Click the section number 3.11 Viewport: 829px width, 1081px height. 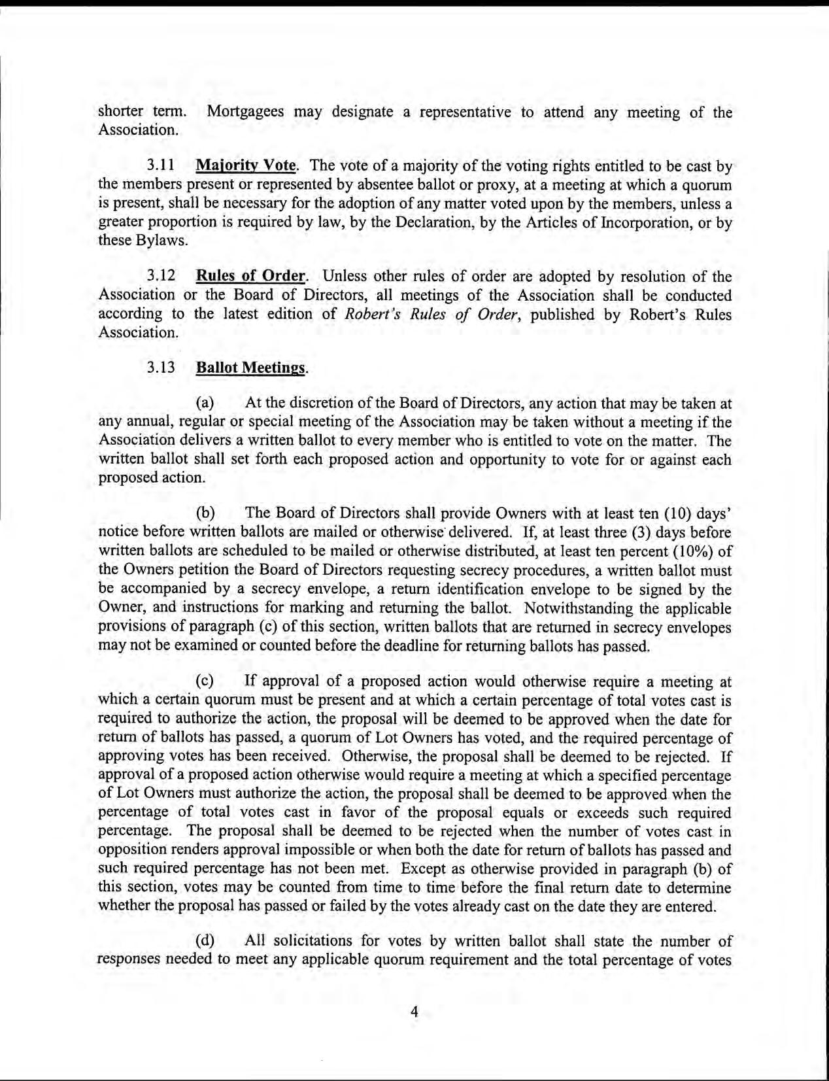click(161, 167)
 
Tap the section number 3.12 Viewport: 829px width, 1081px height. click(161, 277)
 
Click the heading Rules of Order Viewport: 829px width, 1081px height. click(250, 277)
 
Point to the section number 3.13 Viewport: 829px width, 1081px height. click(161, 368)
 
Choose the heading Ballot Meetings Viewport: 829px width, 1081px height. click(250, 368)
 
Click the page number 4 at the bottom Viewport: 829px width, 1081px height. click(414, 1012)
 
